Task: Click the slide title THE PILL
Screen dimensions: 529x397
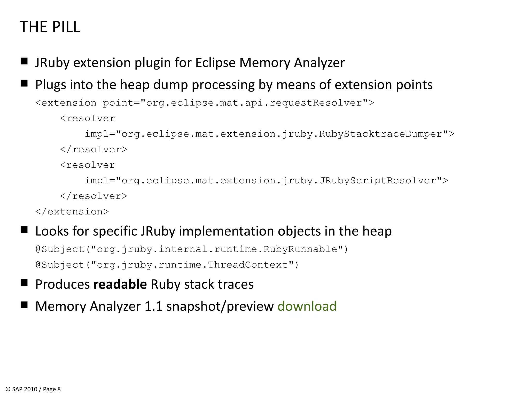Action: [50, 27]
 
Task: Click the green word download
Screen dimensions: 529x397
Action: [307, 306]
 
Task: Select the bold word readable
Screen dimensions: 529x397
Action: [120, 284]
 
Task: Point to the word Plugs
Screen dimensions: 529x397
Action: [51, 85]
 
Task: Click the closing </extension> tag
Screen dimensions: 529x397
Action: [72, 212]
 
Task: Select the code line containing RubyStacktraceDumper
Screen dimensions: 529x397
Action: [269, 134]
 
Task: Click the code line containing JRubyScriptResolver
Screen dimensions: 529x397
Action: [266, 180]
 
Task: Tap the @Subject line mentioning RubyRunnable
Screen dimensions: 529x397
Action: [192, 249]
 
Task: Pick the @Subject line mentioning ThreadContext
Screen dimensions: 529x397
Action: [167, 265]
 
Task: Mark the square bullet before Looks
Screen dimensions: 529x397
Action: [24, 230]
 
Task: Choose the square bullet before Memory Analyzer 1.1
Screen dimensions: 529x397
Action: [24, 305]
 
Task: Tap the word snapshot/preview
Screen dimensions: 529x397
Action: [220, 306]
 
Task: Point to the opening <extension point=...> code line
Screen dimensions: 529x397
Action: [205, 103]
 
